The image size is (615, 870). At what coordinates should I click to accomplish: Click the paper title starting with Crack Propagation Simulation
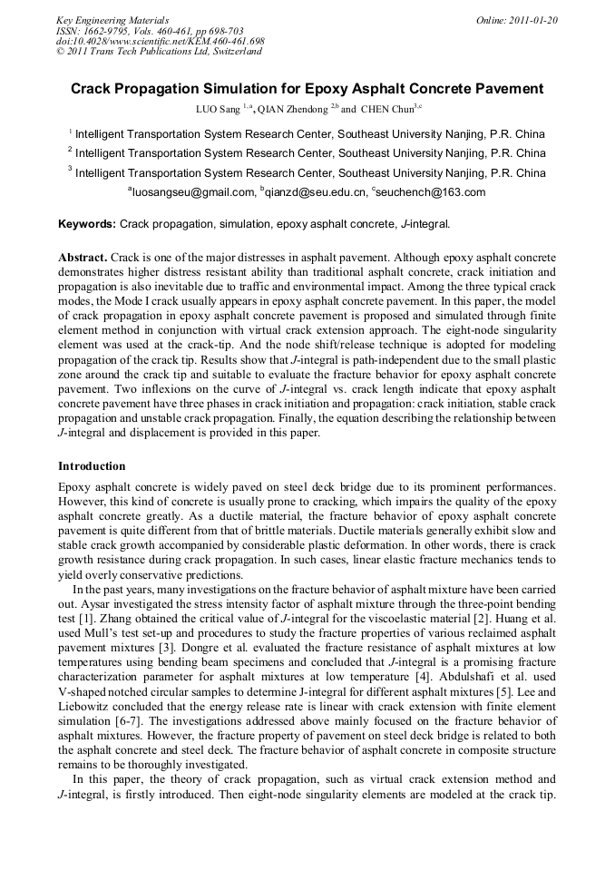tap(307, 89)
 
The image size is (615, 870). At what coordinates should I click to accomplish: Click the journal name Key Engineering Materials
tap(112, 20)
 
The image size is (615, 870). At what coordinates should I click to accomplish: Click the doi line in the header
tap(161, 41)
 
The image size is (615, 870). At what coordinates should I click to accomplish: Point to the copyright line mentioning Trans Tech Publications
tap(159, 52)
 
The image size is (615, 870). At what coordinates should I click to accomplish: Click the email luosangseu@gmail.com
tap(191, 192)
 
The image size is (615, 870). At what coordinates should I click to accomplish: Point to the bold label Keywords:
tap(86, 223)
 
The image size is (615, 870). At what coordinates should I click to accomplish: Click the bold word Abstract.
tap(82, 257)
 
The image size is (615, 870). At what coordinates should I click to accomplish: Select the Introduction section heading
tap(92, 466)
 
